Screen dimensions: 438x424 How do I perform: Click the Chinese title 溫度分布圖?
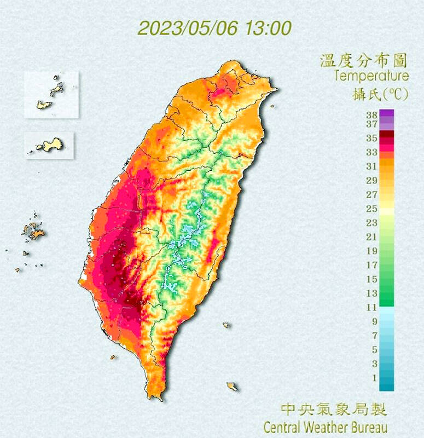(x=364, y=60)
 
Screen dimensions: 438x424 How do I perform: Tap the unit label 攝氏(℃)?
(x=380, y=93)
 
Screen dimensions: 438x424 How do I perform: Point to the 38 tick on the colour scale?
(x=371, y=115)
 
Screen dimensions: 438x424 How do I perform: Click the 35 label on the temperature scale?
(x=371, y=139)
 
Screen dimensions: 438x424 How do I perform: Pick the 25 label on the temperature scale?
(x=371, y=209)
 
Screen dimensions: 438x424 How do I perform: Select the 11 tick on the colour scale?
(x=371, y=307)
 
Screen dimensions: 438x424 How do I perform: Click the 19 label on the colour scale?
(x=371, y=251)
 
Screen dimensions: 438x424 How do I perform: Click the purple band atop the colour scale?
(x=386, y=114)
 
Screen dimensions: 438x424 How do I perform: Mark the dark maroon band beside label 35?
(x=386, y=134)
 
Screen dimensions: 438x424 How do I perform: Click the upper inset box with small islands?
(x=51, y=94)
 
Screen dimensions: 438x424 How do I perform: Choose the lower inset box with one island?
(x=49, y=146)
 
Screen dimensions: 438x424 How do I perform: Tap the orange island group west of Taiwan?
(x=35, y=232)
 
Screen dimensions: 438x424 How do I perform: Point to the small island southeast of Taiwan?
(x=233, y=387)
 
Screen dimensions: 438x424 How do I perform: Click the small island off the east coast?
(x=226, y=325)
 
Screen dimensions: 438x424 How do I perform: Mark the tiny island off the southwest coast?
(x=113, y=358)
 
